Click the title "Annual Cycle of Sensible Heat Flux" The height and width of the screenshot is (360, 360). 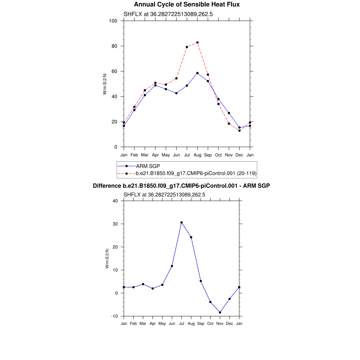[187, 5]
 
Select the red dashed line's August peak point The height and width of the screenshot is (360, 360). [198, 43]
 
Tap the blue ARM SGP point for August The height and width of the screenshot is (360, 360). [198, 73]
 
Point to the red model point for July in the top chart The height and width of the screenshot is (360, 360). [187, 47]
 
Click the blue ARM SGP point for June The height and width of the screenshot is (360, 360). [176, 93]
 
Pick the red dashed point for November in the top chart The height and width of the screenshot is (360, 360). [229, 124]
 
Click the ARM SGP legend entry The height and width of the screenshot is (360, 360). [148, 166]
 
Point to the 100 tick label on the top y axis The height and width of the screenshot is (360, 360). [113, 21]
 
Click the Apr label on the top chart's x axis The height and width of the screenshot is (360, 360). [155, 155]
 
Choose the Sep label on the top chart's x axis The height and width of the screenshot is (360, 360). [208, 155]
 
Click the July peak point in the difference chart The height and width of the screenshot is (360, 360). [181, 223]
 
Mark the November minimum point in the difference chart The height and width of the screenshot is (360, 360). [220, 313]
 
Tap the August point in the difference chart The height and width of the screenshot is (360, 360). [191, 237]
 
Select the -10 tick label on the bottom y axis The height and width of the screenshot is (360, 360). [114, 316]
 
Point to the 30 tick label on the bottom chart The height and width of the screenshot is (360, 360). [116, 224]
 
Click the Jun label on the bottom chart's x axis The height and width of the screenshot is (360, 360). [172, 323]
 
